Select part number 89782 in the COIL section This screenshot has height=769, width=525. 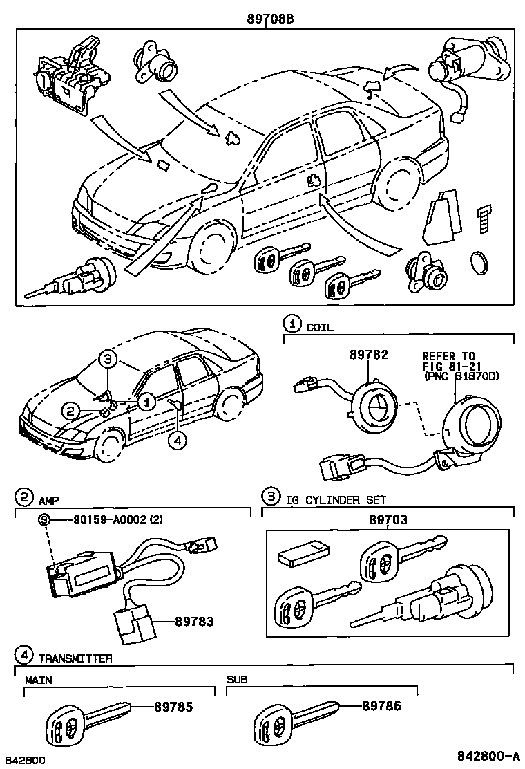coord(368,355)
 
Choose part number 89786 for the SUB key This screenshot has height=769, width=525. coord(381,706)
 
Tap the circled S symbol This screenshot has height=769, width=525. coord(44,520)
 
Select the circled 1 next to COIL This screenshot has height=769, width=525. coord(293,323)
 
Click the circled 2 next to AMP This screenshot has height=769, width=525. coord(23,497)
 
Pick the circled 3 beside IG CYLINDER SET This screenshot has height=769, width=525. coord(271,497)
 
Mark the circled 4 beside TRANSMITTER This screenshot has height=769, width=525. coord(24,654)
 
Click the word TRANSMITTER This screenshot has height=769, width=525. coord(75,658)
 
